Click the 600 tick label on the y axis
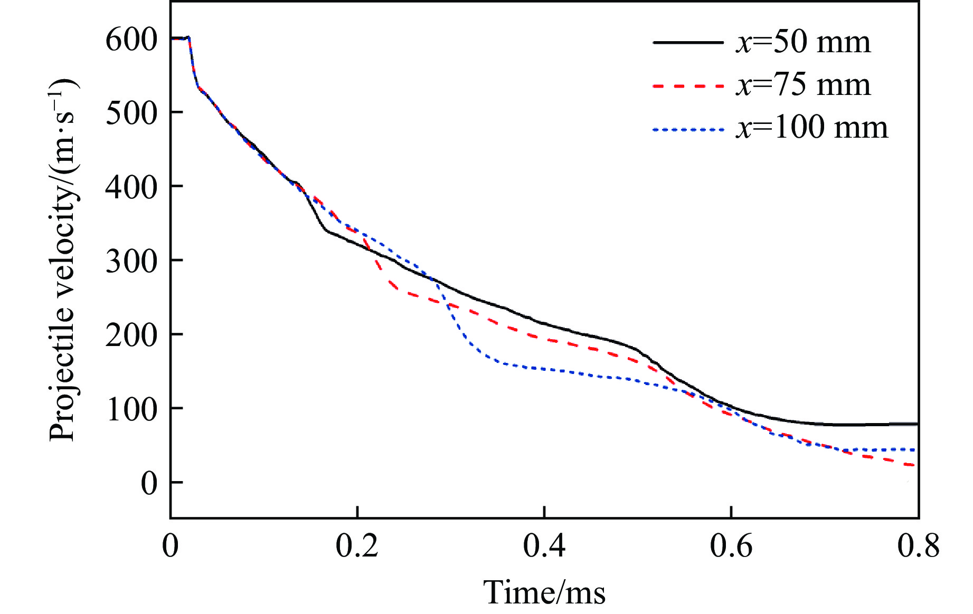131,40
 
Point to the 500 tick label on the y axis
131,113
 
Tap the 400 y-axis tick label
131,187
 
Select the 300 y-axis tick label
131,261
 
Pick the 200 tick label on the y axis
131,335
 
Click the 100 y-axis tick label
131,409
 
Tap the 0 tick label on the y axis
149,483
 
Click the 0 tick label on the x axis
171,546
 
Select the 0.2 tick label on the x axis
357,546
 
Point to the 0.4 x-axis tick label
544,546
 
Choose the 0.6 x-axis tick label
731,546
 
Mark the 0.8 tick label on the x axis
918,546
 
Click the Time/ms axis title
544,592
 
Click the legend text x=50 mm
802,42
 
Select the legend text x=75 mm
802,85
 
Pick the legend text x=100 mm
811,128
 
